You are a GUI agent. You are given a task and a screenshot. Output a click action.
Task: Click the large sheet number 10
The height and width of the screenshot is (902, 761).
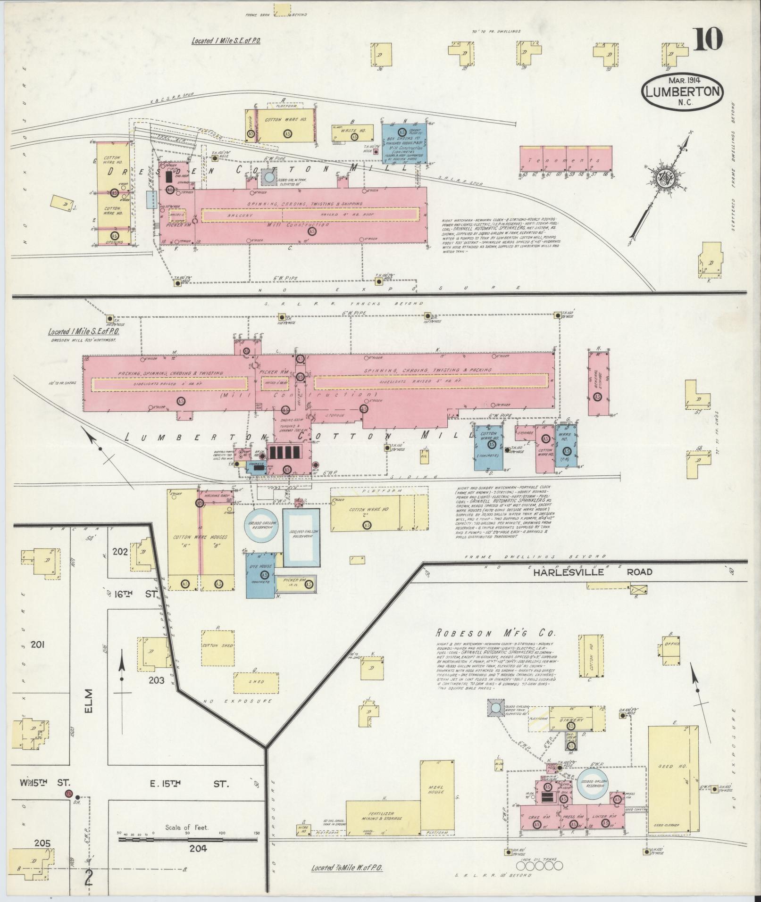[708, 39]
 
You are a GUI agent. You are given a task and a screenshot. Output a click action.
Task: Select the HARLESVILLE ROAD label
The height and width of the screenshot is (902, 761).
[593, 571]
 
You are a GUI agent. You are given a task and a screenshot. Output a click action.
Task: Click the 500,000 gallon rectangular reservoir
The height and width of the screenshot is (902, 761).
[301, 538]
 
